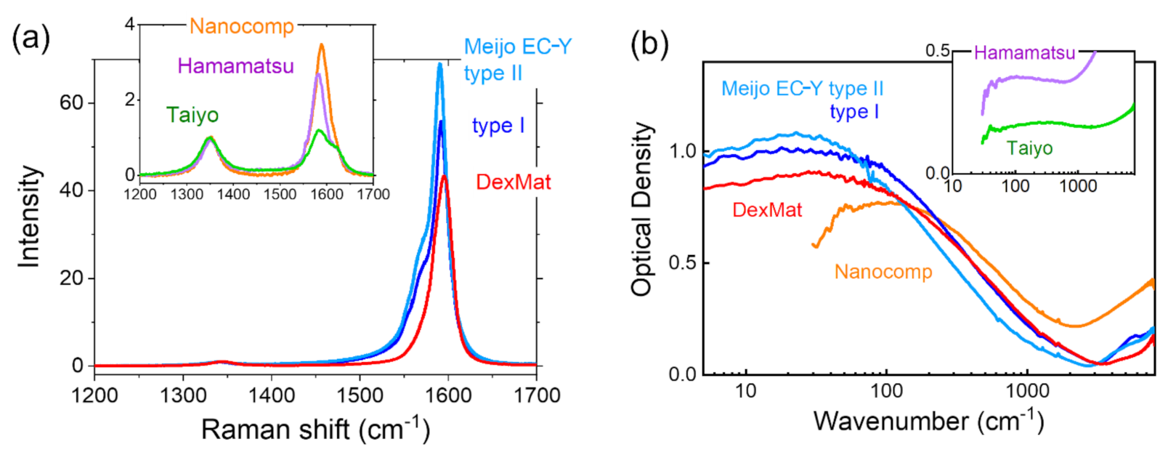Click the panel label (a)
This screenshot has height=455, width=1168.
click(31, 39)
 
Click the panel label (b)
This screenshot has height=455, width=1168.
click(649, 44)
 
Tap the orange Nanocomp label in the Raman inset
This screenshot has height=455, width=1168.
click(241, 27)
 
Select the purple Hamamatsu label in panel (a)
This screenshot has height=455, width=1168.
click(235, 66)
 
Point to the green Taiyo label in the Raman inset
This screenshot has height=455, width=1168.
click(192, 115)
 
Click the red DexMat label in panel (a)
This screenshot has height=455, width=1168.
click(513, 182)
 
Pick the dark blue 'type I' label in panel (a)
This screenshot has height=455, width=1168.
click(498, 126)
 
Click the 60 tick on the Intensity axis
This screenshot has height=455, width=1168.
click(71, 102)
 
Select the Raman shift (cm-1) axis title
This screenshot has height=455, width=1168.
click(315, 429)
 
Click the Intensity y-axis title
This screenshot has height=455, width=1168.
click(29, 217)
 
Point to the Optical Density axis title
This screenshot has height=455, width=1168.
click(641, 209)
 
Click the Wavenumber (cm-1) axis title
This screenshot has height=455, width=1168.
click(928, 421)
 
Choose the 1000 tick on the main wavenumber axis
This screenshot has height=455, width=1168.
click(1026, 391)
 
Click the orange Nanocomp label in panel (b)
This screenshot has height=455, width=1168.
click(883, 272)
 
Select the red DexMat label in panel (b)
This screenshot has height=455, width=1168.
click(766, 210)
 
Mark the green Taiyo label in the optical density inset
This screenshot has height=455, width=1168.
click(1029, 148)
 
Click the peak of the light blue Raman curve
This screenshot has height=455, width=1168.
click(439, 65)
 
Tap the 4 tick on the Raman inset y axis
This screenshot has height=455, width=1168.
click(129, 25)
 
